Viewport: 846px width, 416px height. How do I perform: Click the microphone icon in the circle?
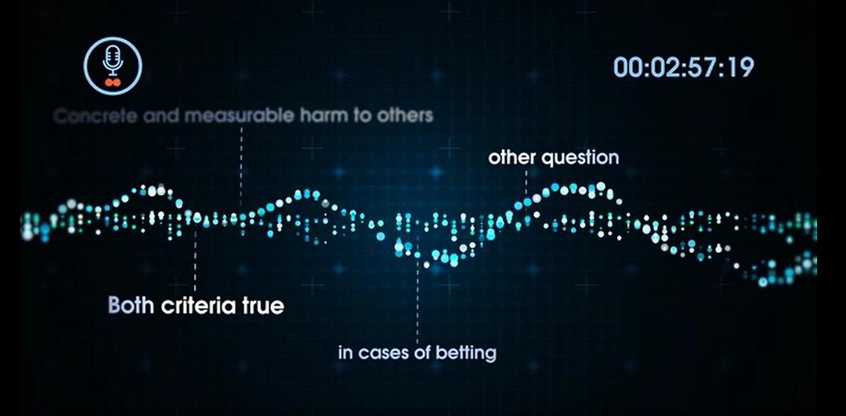(112, 60)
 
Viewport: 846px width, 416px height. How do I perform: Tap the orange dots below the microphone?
(112, 82)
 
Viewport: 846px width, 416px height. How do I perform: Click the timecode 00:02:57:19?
(684, 67)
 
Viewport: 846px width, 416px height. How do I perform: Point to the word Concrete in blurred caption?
(96, 116)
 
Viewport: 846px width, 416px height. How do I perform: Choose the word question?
(580, 158)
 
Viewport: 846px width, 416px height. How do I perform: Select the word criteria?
(199, 306)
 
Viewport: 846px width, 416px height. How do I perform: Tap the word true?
(262, 306)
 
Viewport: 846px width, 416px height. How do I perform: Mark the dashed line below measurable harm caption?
(241, 166)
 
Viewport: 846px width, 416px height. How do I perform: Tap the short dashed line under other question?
(526, 181)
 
